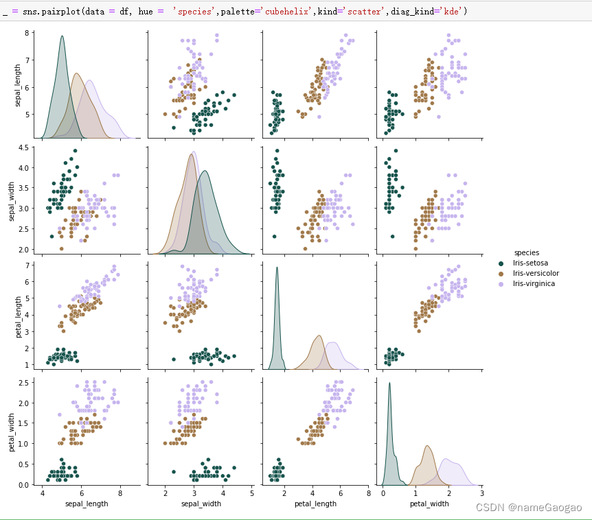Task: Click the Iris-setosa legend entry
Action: click(x=528, y=263)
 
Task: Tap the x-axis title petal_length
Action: click(x=315, y=504)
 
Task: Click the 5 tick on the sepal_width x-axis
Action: click(x=252, y=493)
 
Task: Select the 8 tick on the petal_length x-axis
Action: click(x=368, y=493)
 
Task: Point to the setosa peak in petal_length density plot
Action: click(x=277, y=268)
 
